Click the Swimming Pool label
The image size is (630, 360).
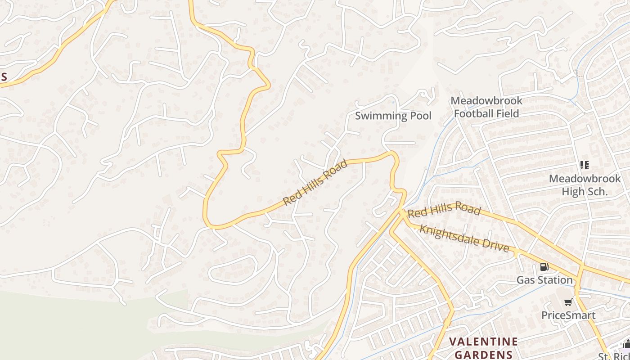click(x=393, y=116)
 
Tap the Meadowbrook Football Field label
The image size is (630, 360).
click(x=486, y=107)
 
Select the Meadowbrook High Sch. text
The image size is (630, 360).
click(x=585, y=185)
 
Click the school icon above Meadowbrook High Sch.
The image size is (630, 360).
click(x=585, y=165)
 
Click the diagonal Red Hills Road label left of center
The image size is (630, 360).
click(x=315, y=183)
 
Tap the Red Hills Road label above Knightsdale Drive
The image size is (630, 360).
click(x=444, y=210)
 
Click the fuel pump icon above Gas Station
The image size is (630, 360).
click(x=544, y=267)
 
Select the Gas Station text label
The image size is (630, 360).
click(x=544, y=280)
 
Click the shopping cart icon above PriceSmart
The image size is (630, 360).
click(x=568, y=302)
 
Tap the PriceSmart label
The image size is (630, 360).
click(x=568, y=315)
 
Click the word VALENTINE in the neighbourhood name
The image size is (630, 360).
click(x=483, y=342)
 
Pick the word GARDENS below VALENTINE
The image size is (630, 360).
click(x=483, y=354)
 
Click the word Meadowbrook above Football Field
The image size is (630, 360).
click(x=486, y=100)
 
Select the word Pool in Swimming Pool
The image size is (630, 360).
click(x=419, y=116)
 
